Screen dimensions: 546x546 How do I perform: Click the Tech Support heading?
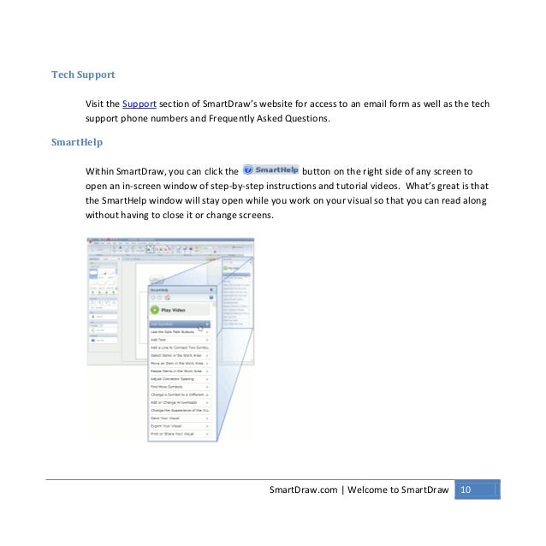[x=83, y=74]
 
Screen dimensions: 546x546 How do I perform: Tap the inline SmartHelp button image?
[x=271, y=169]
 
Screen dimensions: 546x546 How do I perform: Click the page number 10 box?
[x=466, y=490]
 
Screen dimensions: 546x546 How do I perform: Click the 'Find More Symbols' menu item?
[x=166, y=387]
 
